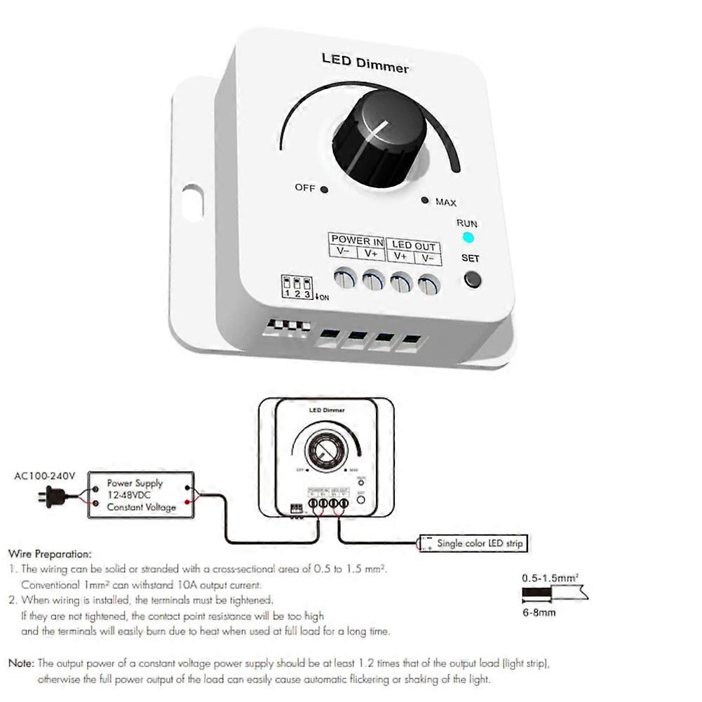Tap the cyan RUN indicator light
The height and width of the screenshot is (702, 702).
click(x=468, y=238)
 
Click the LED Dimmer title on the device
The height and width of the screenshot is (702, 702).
click(x=365, y=62)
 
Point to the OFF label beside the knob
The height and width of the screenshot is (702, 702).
click(x=305, y=188)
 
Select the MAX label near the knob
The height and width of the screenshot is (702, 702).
click(x=445, y=203)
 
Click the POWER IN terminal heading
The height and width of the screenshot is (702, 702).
click(x=357, y=240)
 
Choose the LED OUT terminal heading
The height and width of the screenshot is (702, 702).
click(x=414, y=246)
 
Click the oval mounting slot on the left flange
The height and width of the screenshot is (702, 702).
click(x=191, y=203)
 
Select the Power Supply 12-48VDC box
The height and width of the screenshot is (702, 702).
click(x=140, y=495)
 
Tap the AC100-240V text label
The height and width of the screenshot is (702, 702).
click(x=45, y=476)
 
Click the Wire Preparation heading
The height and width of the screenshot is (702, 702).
click(x=49, y=553)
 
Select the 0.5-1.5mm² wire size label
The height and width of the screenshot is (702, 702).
click(x=550, y=579)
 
